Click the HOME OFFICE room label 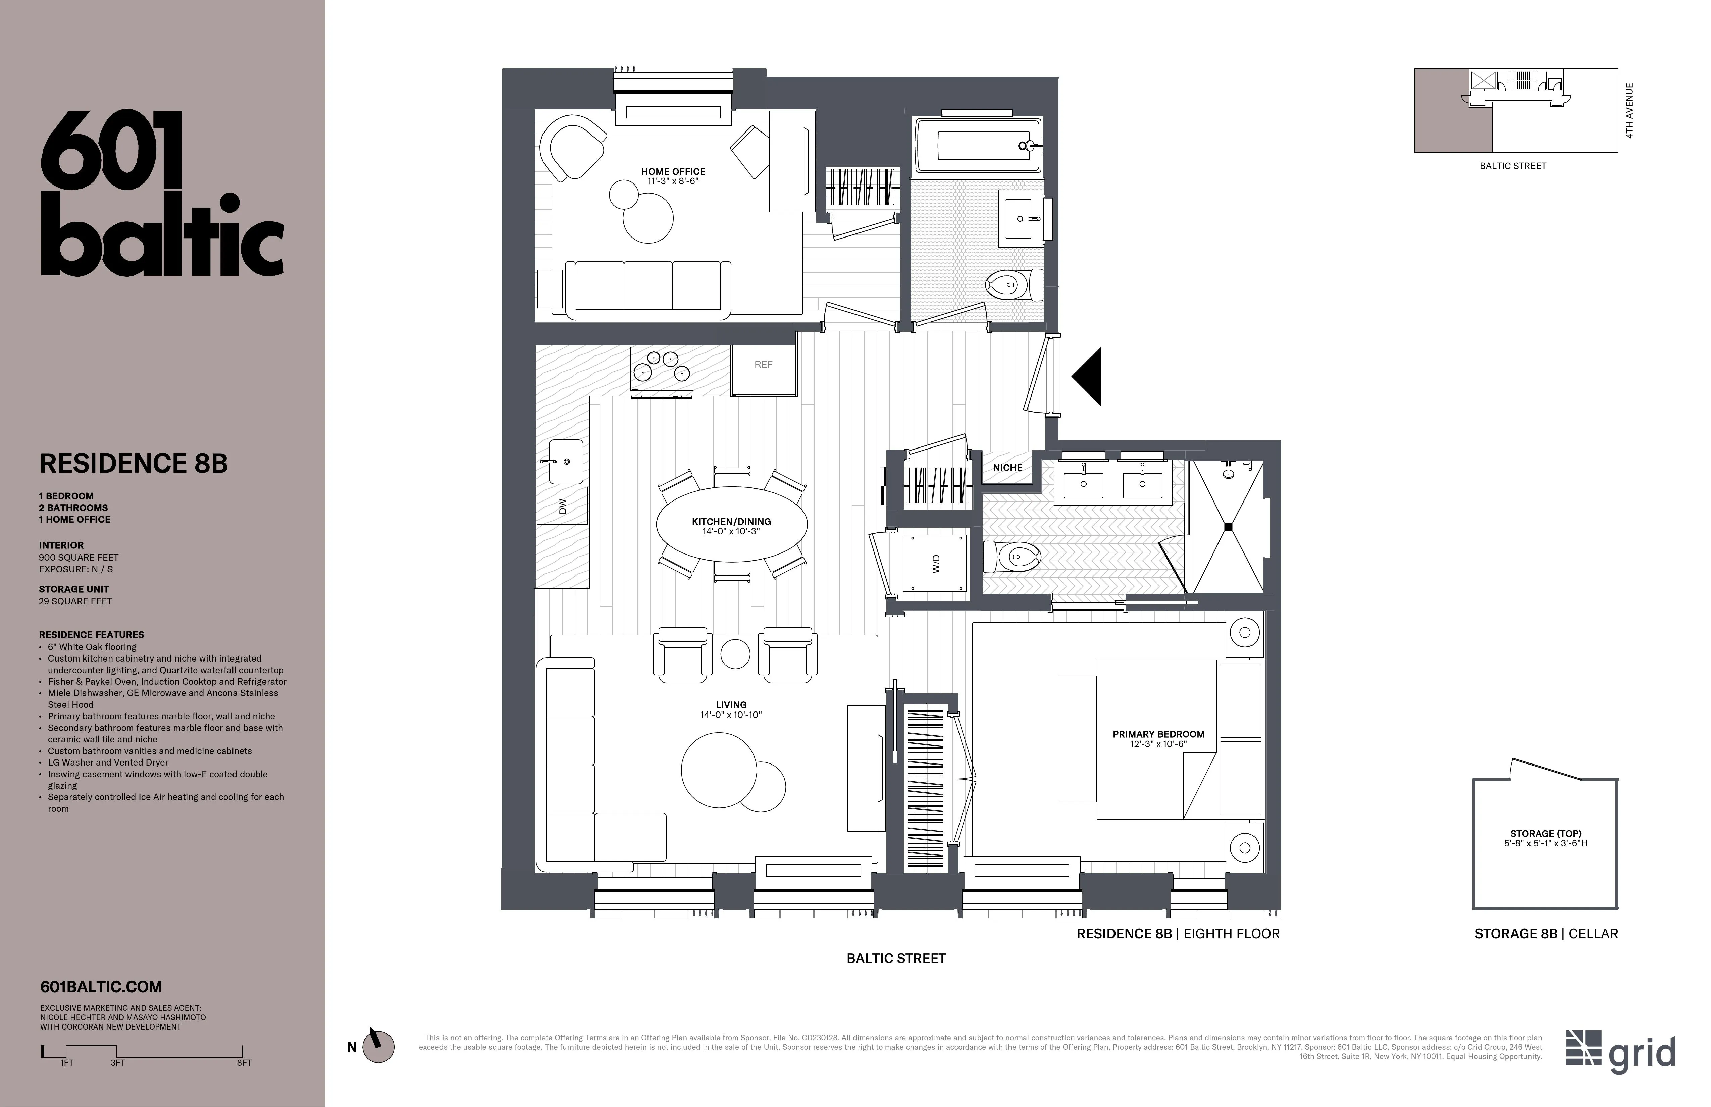point(673,172)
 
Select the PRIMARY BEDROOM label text point(1158,734)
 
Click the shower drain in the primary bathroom point(1228,527)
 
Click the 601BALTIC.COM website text point(101,987)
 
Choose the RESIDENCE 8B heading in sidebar point(134,464)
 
